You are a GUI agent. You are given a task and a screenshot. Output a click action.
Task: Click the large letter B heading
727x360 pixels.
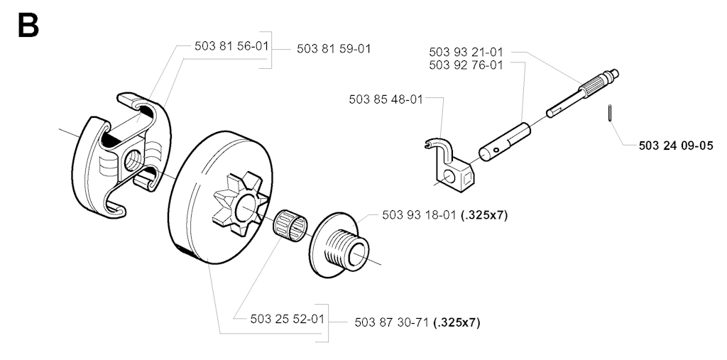pos(28,26)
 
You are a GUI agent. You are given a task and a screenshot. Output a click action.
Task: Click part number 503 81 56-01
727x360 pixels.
pos(231,46)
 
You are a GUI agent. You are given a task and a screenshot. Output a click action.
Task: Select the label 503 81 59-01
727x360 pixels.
pos(334,49)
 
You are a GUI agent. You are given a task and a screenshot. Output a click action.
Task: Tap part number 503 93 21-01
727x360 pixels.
pos(466,52)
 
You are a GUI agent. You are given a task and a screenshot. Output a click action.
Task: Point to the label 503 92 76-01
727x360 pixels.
pos(466,65)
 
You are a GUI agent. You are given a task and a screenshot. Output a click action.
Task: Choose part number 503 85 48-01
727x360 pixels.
pos(386,99)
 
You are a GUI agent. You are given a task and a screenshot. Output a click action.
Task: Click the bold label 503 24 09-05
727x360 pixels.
pos(676,146)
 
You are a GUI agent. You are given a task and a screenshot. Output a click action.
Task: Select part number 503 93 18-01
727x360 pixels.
pos(420,215)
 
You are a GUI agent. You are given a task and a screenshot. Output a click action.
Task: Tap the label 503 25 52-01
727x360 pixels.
pos(288,320)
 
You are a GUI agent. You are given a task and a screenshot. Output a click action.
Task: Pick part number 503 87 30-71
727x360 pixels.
pos(392,322)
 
